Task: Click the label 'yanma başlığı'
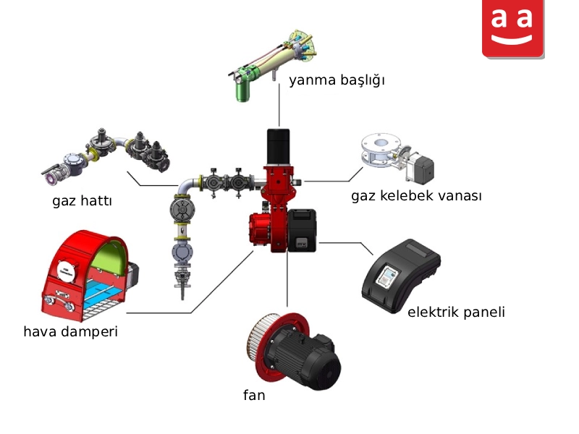(x=337, y=80)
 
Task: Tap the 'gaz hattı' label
(x=82, y=201)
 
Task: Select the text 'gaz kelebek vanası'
(x=417, y=195)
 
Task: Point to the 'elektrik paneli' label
(x=456, y=312)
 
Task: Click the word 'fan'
(x=254, y=395)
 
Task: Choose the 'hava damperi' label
(x=70, y=331)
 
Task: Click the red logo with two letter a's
(x=513, y=29)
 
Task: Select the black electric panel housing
(x=401, y=276)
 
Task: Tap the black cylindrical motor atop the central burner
(x=278, y=147)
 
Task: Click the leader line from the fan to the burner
(x=287, y=279)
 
